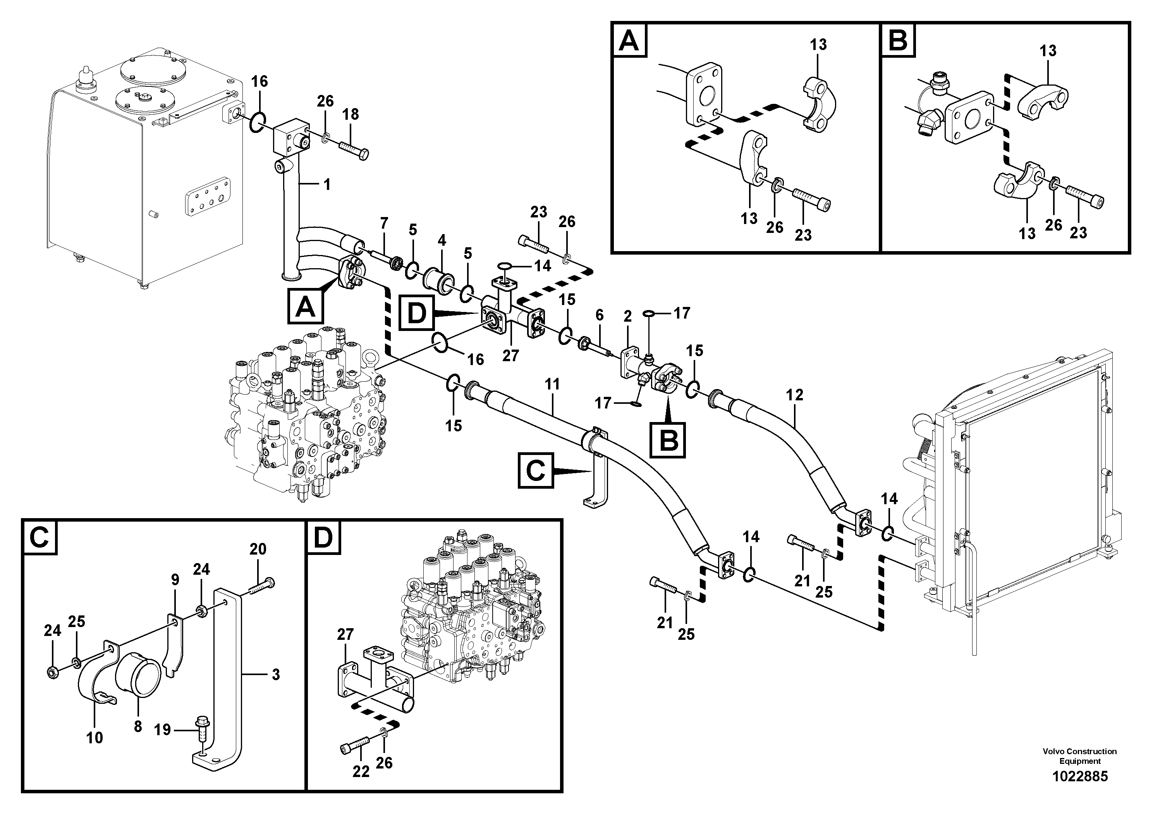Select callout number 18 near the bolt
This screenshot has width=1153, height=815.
(351, 115)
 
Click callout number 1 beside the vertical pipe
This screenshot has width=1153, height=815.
(326, 185)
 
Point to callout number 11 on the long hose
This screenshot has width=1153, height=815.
(552, 385)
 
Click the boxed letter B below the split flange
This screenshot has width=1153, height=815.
(668, 441)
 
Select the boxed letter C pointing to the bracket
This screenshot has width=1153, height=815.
(535, 471)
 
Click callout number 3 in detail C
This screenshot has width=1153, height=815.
(275, 674)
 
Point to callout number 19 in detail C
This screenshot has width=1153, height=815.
(162, 730)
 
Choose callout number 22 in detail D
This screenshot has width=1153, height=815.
(361, 771)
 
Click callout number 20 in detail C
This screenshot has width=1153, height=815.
(258, 549)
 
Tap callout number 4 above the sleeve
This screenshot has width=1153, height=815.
(442, 240)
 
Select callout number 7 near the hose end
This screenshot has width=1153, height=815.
(384, 222)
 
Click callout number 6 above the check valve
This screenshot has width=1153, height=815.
(600, 315)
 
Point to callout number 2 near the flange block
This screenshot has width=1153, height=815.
(627, 317)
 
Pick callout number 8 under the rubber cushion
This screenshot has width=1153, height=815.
(137, 726)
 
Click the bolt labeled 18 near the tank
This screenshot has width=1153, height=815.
(354, 149)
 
